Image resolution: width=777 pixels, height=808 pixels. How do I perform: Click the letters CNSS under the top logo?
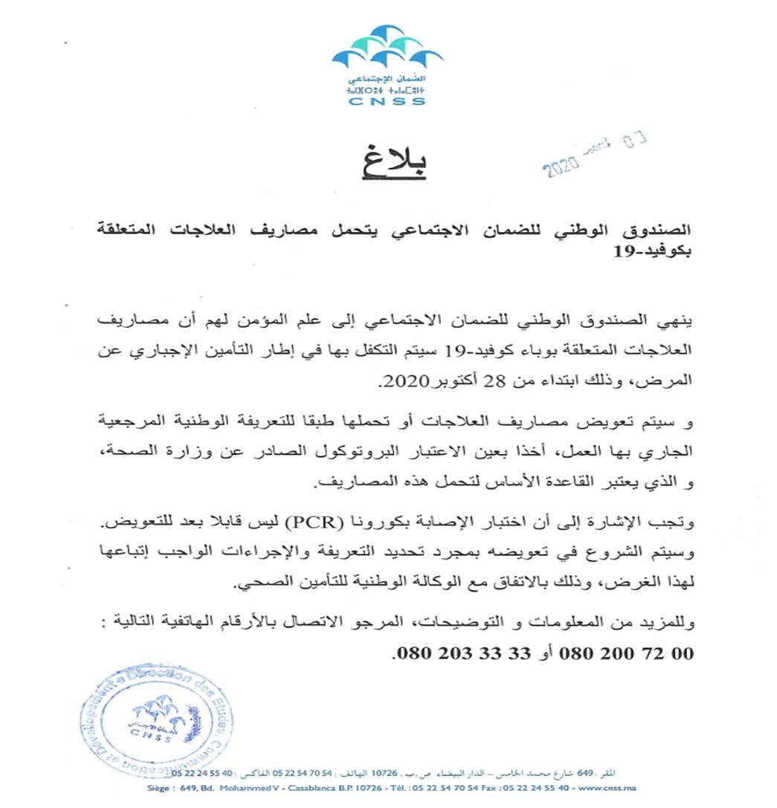tap(387, 101)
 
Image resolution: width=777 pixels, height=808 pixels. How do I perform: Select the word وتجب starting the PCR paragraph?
tap(676, 523)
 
